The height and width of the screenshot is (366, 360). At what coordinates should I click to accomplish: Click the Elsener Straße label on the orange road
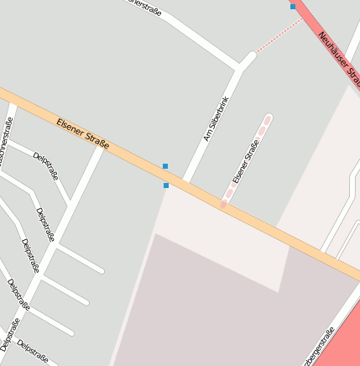83,135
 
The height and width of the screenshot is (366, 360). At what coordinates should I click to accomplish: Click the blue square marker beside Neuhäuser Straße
293,7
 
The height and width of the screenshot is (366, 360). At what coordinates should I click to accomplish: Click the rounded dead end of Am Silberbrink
250,57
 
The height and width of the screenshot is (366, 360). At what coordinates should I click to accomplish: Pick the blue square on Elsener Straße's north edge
165,166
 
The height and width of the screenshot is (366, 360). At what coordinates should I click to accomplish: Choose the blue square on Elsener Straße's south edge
166,185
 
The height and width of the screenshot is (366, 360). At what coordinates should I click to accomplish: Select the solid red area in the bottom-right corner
346,340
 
